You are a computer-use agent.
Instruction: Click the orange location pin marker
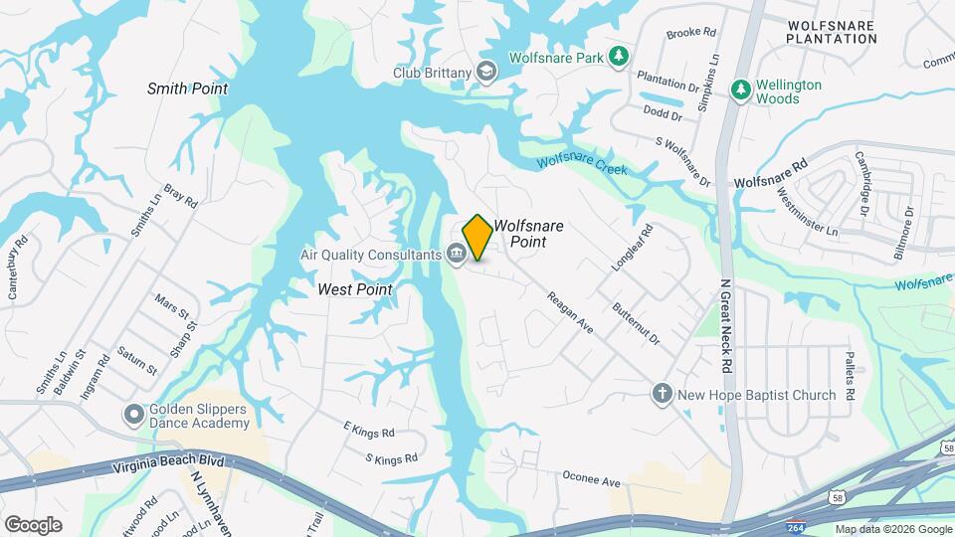pos(477,237)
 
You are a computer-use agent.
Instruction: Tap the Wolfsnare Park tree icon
pos(619,57)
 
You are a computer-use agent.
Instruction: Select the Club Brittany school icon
pos(485,71)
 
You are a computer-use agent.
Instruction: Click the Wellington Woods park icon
pos(740,90)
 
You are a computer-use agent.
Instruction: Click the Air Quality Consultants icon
pos(457,255)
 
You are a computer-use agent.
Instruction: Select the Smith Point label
pos(187,89)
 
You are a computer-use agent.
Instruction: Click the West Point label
pos(354,289)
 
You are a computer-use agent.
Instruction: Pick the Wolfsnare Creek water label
pos(583,166)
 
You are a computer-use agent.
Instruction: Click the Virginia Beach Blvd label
pos(170,465)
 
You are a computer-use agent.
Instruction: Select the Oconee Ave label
pos(591,482)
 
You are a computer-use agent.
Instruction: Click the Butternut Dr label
pos(637,324)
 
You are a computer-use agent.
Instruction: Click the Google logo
pos(33,524)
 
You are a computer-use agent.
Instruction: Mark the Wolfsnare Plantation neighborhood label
pos(831,31)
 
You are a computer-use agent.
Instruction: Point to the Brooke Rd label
pos(691,33)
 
